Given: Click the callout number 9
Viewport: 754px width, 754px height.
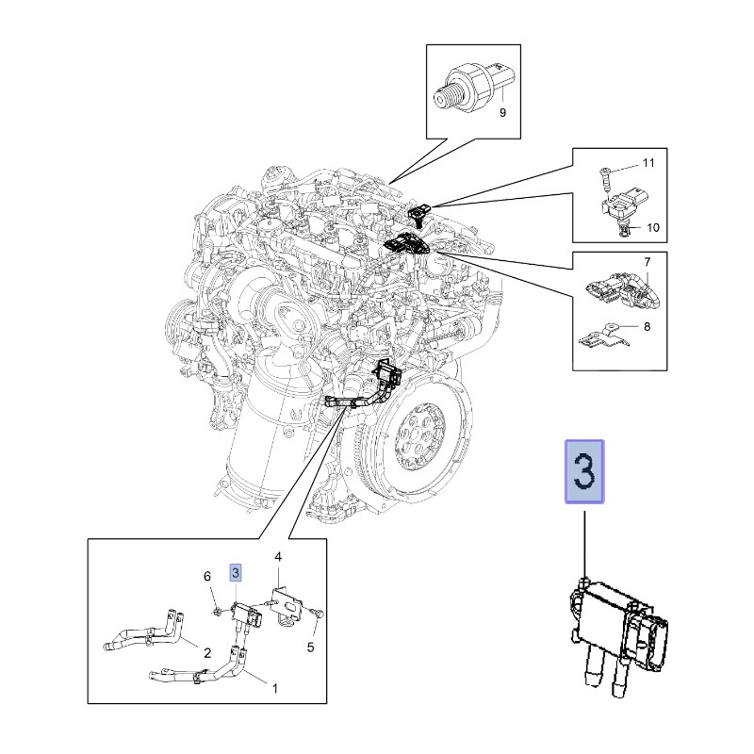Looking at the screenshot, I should coord(502,113).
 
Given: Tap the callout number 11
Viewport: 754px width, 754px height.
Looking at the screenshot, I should coord(647,164).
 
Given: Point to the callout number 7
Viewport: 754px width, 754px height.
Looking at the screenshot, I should coord(647,260).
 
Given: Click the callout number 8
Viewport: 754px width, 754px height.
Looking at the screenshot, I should coord(647,327).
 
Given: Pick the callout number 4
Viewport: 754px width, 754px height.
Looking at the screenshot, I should coord(278,558).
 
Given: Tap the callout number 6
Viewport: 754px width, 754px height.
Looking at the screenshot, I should coord(207,576).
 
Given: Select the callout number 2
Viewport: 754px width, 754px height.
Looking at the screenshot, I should coord(206,650).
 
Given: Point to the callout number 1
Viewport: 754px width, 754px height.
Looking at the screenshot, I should coord(275,689).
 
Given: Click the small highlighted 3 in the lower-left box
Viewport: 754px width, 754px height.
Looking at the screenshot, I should coord(236,572).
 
